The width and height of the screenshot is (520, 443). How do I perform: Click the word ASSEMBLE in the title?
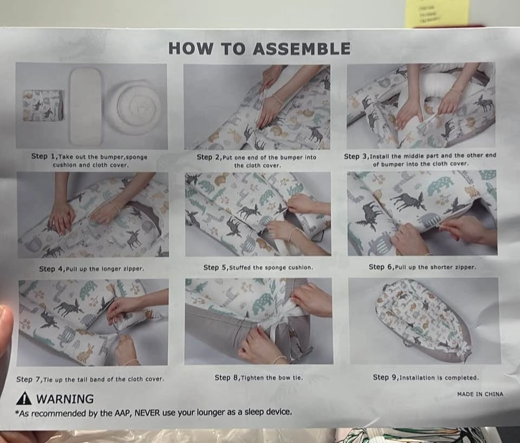[301, 48]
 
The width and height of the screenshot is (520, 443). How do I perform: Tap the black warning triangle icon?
[24, 398]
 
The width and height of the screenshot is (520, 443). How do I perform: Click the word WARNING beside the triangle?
[66, 399]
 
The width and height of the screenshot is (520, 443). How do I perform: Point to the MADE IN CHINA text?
[480, 394]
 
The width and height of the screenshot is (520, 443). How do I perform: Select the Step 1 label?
[44, 156]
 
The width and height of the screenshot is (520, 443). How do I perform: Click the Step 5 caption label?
[215, 267]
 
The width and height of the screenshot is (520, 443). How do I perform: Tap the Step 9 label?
[385, 377]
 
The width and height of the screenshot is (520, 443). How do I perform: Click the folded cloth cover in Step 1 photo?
[43, 105]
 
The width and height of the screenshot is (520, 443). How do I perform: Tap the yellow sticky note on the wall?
[438, 13]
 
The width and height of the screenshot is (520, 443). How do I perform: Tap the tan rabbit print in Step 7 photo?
[85, 353]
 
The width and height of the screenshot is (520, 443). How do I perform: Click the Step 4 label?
[52, 268]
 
